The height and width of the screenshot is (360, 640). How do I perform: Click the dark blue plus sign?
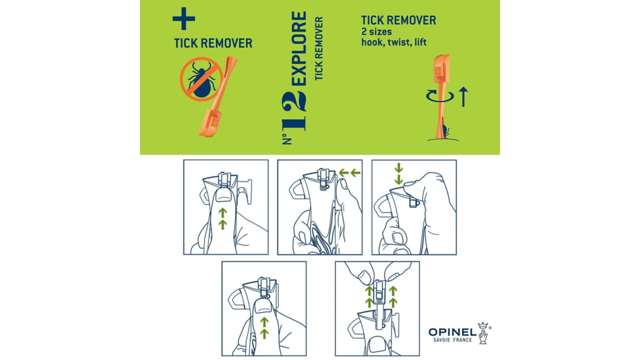coord(184,19)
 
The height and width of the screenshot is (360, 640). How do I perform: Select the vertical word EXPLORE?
coord(299,48)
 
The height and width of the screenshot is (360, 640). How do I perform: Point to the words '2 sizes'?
coord(376,31)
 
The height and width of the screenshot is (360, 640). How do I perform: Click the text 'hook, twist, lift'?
coord(394,42)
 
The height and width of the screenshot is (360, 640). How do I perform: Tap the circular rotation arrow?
coord(440,96)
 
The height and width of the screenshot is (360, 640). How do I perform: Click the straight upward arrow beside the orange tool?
coord(463,97)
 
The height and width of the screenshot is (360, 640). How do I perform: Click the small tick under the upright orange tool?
coord(446,132)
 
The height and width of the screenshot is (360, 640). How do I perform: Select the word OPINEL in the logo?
coord(452,333)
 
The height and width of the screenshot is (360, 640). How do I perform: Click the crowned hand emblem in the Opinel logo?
coord(484,333)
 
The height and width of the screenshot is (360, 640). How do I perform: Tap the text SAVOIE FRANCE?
coord(452,340)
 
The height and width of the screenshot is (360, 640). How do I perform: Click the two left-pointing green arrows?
coord(350,173)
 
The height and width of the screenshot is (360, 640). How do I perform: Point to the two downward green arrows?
coord(399,173)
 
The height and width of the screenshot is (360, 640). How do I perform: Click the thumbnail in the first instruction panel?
coord(223,198)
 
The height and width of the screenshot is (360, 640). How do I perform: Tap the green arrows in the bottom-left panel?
coord(264,328)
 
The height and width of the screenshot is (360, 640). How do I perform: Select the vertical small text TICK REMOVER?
coord(319,48)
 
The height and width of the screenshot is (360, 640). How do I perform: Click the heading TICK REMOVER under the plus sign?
coord(213,43)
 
